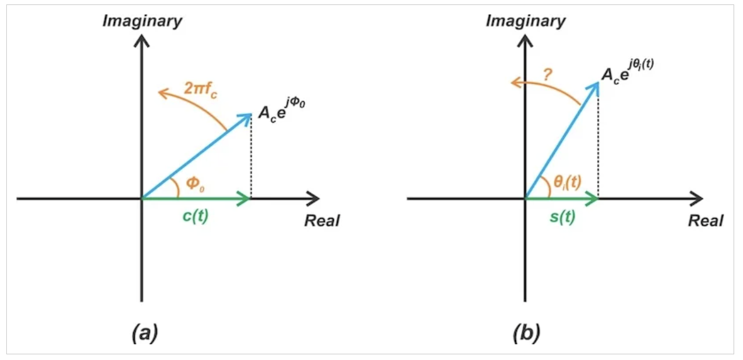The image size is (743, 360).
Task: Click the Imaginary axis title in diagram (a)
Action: [x=143, y=21]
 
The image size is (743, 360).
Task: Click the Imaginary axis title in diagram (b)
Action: [x=526, y=21]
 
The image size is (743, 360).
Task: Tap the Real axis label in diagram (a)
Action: [x=322, y=221]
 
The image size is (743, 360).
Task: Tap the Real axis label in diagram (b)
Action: [x=706, y=221]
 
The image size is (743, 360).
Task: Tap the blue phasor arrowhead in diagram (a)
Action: [x=246, y=117]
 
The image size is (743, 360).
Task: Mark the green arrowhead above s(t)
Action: [x=592, y=199]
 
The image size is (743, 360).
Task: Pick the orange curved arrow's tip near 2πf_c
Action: [x=162, y=94]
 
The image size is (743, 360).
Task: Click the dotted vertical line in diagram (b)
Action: [x=598, y=145]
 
